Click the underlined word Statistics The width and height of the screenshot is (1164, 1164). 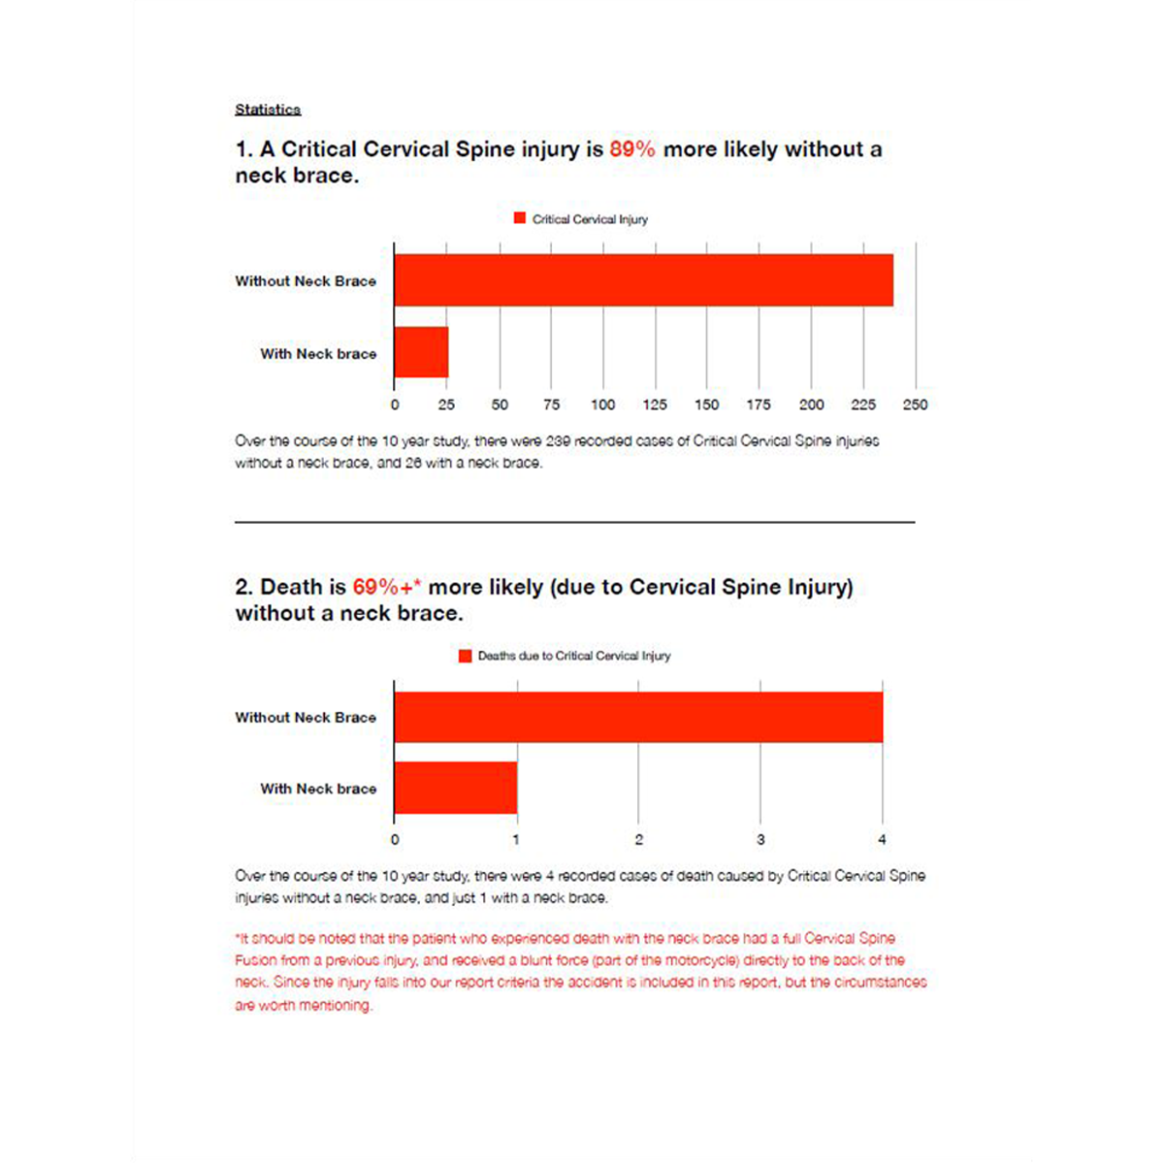click(268, 110)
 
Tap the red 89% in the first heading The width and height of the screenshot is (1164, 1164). click(631, 149)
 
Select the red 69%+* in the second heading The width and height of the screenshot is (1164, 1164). click(386, 587)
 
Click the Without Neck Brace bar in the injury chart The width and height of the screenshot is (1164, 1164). click(643, 280)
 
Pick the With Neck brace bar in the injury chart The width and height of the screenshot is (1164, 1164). click(421, 352)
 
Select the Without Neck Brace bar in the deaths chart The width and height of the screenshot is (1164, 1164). click(638, 717)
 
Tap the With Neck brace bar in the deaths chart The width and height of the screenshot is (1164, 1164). click(455, 788)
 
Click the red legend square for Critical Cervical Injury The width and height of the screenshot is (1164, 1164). click(520, 218)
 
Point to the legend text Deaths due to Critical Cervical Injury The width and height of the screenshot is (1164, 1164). click(573, 656)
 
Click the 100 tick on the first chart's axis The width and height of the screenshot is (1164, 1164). click(603, 404)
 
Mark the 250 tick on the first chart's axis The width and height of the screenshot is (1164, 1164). click(915, 404)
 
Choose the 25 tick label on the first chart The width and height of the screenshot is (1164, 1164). click(446, 404)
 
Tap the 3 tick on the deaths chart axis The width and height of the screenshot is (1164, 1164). click(760, 839)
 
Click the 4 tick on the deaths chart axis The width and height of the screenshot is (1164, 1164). click(882, 839)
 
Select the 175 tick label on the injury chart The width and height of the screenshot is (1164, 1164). click(759, 404)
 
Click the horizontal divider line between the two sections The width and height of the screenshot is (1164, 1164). click(574, 522)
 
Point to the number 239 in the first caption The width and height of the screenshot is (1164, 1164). click(558, 440)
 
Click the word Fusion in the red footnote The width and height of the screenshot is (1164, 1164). click(256, 960)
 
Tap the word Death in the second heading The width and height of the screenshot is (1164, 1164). click(290, 587)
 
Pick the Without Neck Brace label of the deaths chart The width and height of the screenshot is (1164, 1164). click(306, 717)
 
